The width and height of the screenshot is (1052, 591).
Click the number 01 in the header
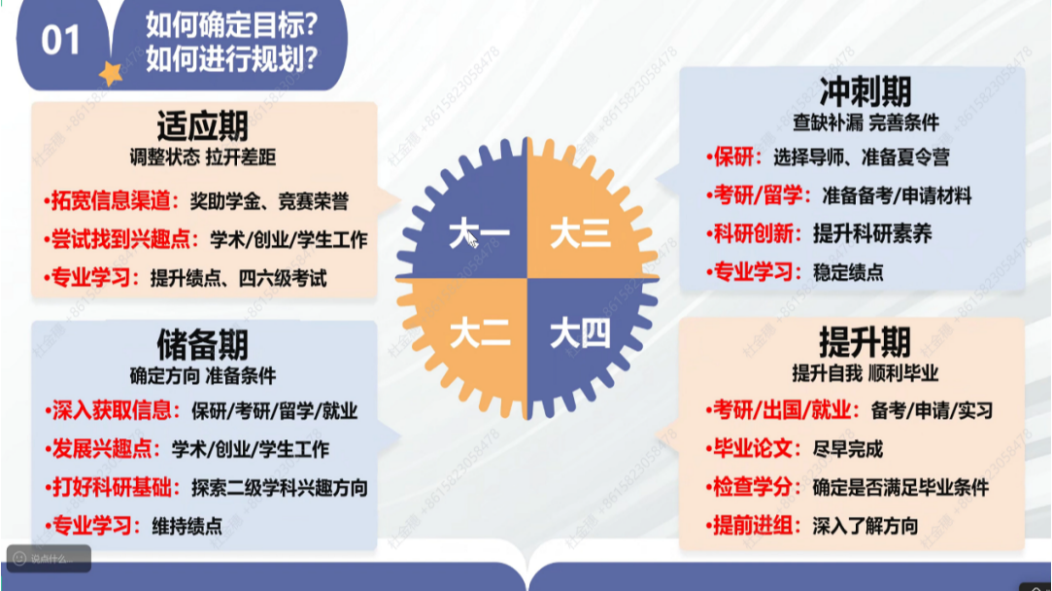point(60,41)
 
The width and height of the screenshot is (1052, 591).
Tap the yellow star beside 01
point(111,73)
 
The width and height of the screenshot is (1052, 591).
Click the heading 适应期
point(203,126)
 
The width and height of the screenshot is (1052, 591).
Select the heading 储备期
point(203,345)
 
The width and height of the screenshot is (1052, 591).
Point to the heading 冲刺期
point(865,92)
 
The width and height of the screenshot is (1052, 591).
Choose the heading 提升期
point(865,342)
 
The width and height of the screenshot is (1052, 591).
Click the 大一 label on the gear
point(479,234)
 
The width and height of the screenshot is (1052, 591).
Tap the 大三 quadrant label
point(580,234)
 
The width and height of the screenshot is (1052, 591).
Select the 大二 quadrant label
point(480,333)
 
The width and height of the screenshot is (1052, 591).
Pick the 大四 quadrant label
point(580,333)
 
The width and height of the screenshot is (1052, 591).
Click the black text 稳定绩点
point(848,273)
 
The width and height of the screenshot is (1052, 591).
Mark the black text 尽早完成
point(847,449)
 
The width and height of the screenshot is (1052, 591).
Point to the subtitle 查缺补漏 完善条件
point(865,122)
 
